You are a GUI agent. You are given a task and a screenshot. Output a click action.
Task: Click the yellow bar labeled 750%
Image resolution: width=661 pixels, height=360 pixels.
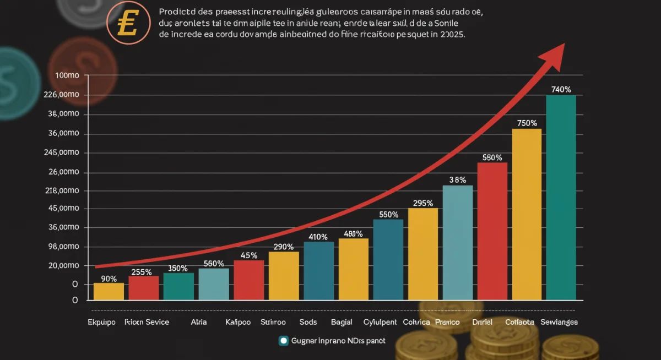[527, 214]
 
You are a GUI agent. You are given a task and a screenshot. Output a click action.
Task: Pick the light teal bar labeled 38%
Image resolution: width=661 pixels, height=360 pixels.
[457, 242]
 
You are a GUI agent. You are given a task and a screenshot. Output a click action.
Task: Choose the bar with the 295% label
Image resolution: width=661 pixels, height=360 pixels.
[422, 254]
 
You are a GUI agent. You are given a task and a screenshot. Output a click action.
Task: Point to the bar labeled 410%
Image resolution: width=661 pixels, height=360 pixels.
[318, 271]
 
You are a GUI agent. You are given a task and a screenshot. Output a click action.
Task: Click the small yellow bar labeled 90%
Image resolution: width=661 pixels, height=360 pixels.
[109, 291]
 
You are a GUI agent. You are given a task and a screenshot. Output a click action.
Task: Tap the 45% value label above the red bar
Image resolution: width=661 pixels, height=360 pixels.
[249, 255]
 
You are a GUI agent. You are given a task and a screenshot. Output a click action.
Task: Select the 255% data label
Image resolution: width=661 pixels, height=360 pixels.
[142, 271]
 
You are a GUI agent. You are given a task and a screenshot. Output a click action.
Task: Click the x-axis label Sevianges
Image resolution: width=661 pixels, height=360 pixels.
[559, 322]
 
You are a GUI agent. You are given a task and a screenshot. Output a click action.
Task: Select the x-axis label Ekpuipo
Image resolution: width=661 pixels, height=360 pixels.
[102, 322]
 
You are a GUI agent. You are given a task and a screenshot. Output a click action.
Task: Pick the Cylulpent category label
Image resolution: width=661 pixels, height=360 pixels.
[381, 322]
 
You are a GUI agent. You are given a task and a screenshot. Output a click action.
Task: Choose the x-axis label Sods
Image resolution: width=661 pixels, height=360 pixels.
[308, 322]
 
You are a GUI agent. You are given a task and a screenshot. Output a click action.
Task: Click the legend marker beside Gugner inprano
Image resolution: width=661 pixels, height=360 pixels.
[284, 341]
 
